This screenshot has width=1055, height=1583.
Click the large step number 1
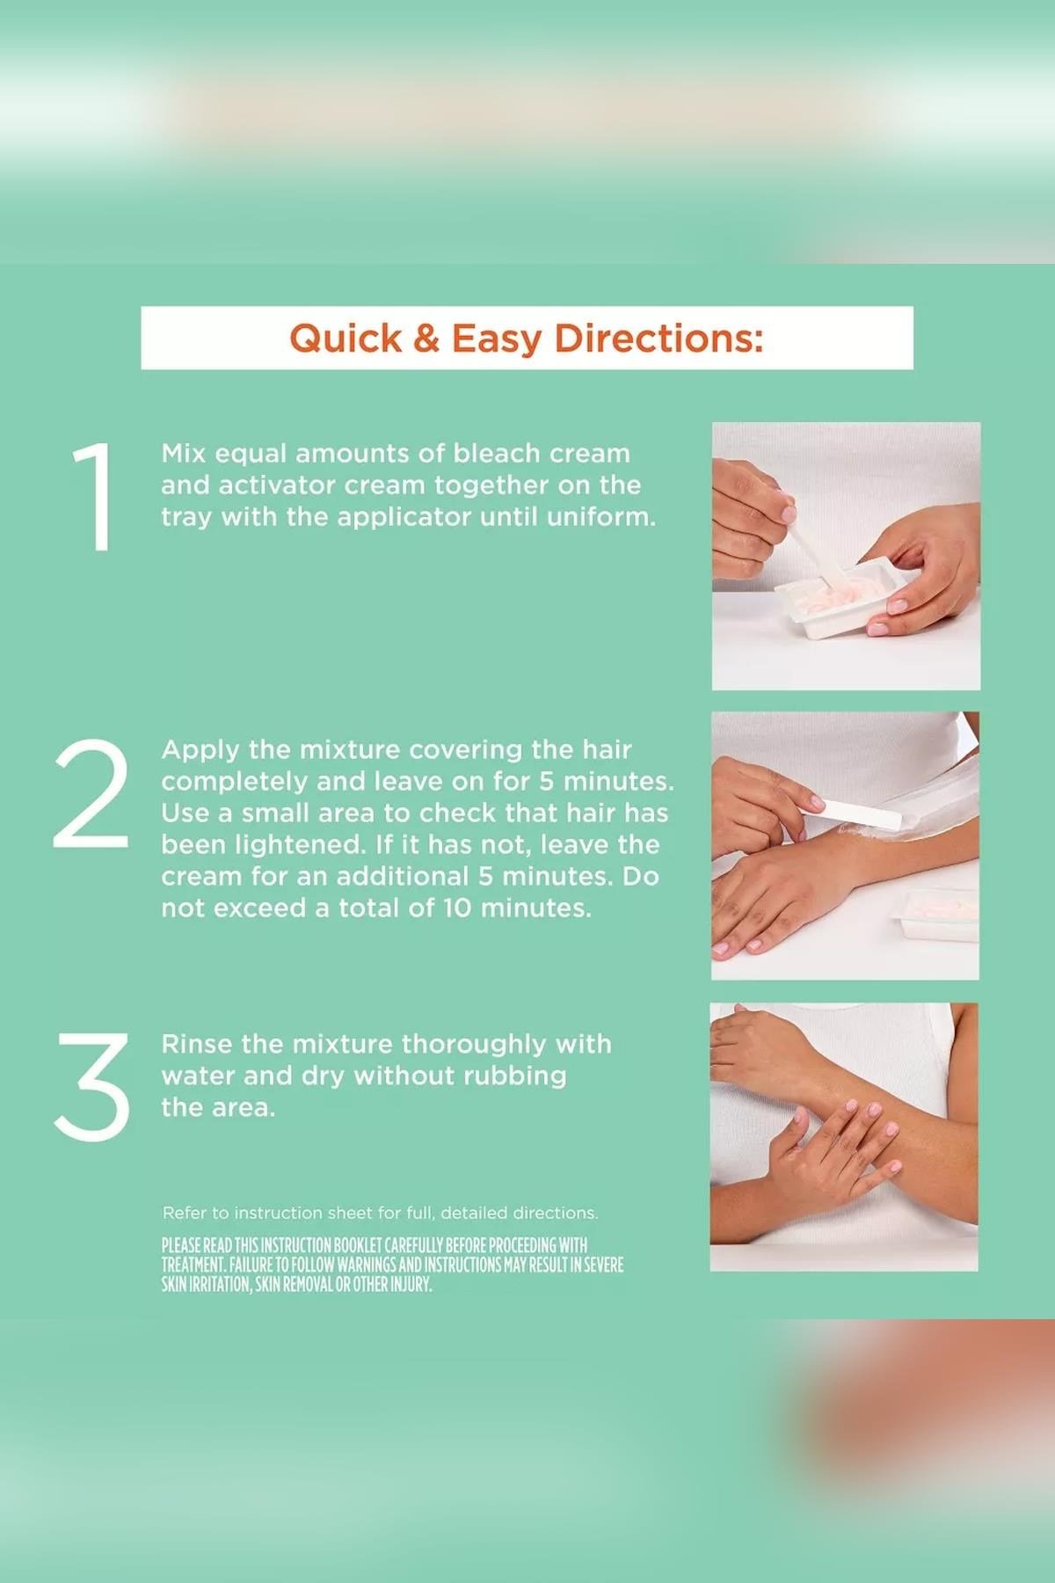(92, 498)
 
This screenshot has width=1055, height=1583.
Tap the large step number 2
(91, 794)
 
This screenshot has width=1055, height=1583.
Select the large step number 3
(92, 1087)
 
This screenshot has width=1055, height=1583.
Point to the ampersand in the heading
(426, 339)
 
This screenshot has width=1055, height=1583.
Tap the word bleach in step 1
(496, 454)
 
